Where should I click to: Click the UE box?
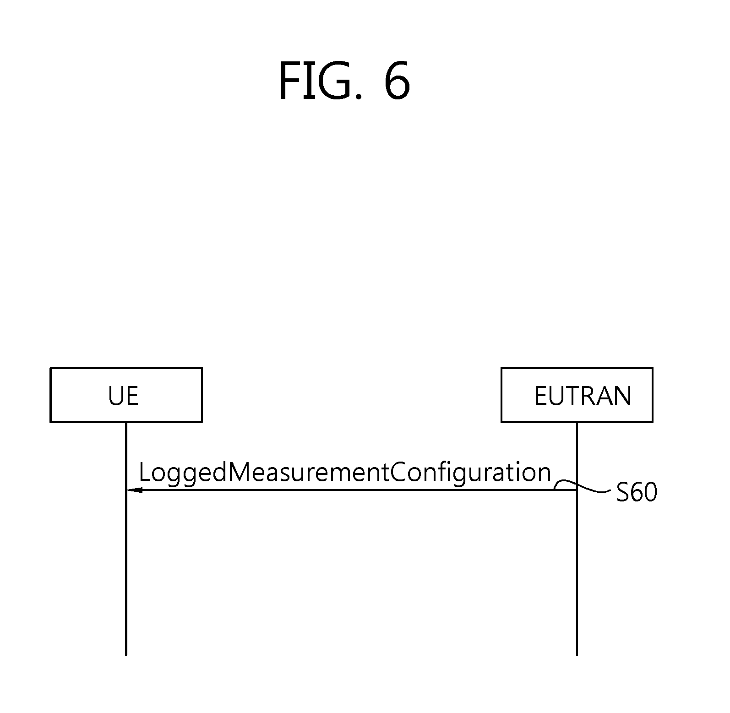click(x=126, y=395)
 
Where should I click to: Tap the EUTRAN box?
click(x=577, y=395)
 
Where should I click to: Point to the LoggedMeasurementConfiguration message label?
click(x=344, y=473)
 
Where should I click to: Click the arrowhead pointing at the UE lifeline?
click(x=134, y=490)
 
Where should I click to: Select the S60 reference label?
click(x=637, y=493)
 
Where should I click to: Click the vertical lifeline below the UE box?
click(x=126, y=572)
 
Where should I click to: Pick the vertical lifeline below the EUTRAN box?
click(x=577, y=572)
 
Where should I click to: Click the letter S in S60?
click(x=622, y=493)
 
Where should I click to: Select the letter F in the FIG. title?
click(x=287, y=82)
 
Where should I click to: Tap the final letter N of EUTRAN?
click(x=622, y=396)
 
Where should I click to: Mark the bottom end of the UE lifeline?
click(x=126, y=654)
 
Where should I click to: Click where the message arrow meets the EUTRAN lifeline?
click(x=577, y=490)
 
